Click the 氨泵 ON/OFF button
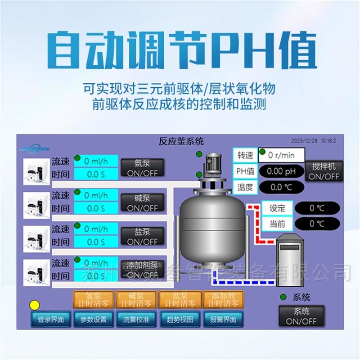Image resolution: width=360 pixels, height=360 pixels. coord(143,168)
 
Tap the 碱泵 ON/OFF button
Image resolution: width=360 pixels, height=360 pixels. coord(143,203)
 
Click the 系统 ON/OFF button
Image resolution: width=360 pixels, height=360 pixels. coord(301,316)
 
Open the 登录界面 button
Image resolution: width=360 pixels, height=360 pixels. coord(50,319)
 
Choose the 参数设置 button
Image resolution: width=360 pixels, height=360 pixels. coord(94,319)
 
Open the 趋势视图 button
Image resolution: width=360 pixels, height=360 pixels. coord(180,319)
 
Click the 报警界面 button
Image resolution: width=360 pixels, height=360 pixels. coord(223,319)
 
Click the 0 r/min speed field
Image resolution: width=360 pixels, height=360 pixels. coord(282,155)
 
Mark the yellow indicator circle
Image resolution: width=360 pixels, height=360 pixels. coord(35,305)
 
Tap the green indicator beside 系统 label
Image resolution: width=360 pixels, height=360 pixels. coord(283,297)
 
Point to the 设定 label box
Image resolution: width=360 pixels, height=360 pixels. coord(277,208)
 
